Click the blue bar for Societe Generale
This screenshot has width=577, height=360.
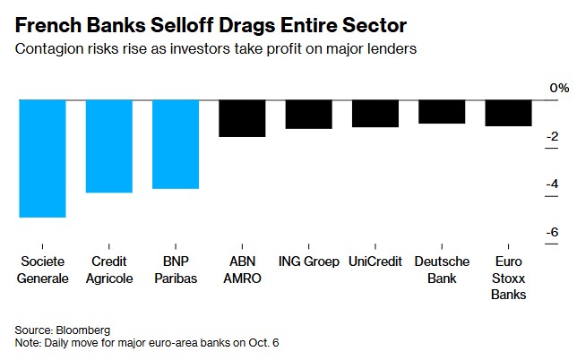point(42,158)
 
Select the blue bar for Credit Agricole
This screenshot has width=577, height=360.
point(109,145)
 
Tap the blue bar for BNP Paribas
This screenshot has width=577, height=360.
point(176,143)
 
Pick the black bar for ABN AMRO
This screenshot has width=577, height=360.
point(242,117)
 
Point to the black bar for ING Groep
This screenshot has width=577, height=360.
point(309,114)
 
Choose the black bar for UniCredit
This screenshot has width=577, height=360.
point(375,113)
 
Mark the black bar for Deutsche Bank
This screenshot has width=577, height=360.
point(442,111)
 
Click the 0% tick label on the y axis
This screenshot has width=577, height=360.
point(558,88)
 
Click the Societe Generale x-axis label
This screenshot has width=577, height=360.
point(43,270)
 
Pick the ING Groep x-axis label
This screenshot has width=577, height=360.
point(308,262)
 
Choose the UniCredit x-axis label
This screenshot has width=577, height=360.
point(375,262)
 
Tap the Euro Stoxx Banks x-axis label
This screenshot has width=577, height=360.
point(508,278)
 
